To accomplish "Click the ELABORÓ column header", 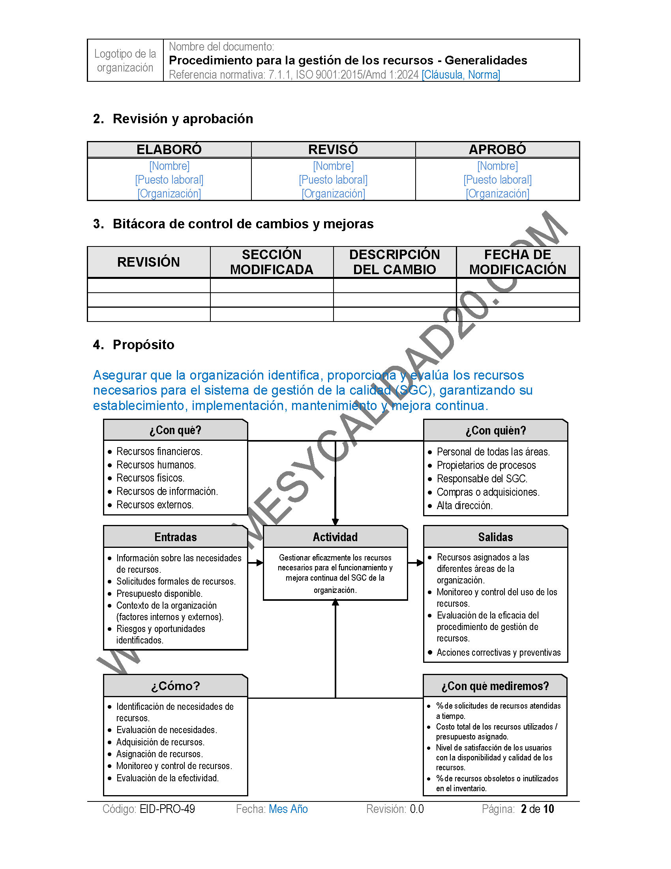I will [x=169, y=150].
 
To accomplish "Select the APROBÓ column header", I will [x=497, y=150].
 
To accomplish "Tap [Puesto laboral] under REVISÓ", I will [x=333, y=180].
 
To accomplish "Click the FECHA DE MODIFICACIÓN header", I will [x=517, y=262].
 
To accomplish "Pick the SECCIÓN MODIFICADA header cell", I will [x=272, y=262].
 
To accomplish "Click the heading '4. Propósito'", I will [x=133, y=344].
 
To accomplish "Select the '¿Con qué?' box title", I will [x=175, y=430].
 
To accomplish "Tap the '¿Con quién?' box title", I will [x=495, y=431].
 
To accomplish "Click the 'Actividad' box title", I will [x=335, y=537].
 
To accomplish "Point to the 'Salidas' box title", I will [x=495, y=537].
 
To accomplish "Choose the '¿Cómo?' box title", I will [x=175, y=686].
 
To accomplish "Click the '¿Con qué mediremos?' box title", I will [x=495, y=686].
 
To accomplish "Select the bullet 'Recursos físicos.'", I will [x=150, y=478].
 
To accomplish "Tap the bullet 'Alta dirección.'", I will [x=464, y=506].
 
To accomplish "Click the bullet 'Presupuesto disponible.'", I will [x=159, y=594].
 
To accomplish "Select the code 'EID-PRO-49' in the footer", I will [x=167, y=809].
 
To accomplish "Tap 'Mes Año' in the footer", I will [x=288, y=809].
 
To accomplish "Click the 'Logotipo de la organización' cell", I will [x=125, y=60].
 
